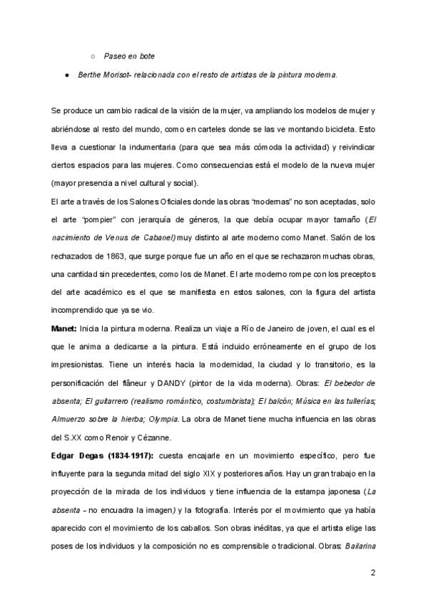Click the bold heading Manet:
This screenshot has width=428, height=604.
tap(65, 328)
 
